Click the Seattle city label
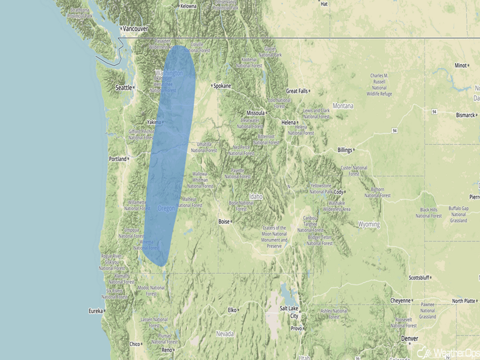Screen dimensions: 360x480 123,88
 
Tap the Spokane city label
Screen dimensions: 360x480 222,86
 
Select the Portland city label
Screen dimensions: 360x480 117,159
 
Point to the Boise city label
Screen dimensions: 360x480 224,222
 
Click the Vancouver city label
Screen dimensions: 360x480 136,28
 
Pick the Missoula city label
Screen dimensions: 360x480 255,113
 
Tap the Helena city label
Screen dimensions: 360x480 289,122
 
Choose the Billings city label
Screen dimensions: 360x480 344,150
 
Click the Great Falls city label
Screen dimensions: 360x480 296,91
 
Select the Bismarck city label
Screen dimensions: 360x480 465,115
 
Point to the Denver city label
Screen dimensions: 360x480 409,339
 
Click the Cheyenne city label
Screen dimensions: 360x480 400,301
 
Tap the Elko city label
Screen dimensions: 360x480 232,310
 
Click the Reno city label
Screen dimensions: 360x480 167,350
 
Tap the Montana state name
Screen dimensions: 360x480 343,106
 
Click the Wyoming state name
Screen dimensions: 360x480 369,224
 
